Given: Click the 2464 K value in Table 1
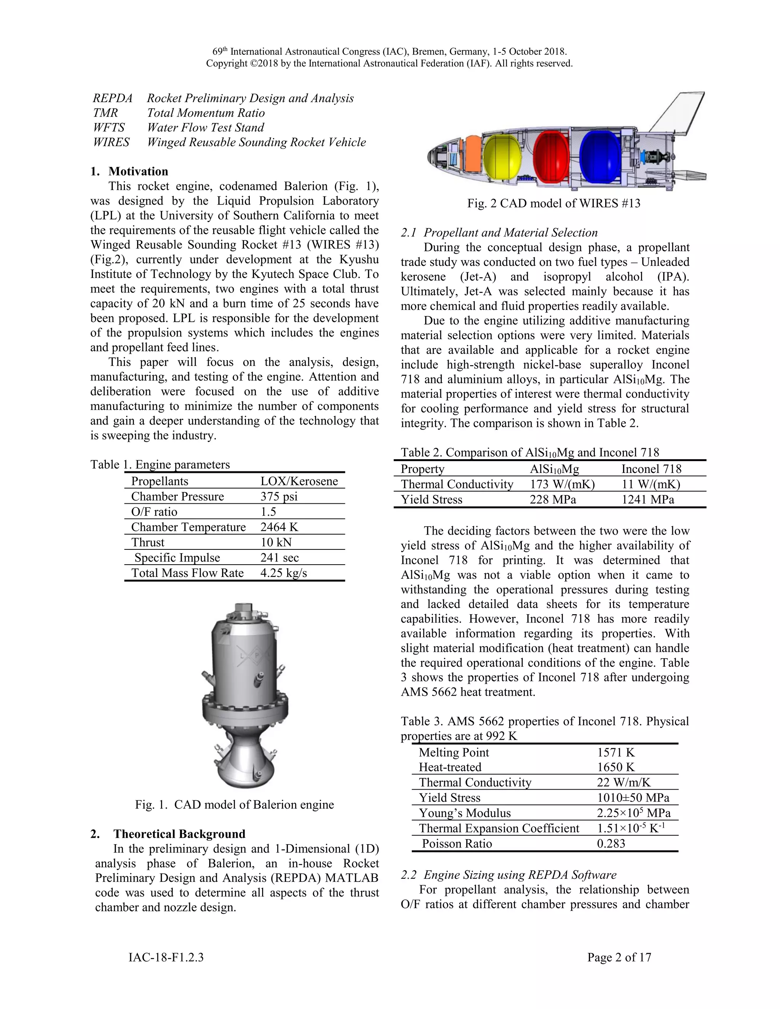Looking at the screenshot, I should point(279,527).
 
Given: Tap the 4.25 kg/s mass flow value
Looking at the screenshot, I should point(283,573).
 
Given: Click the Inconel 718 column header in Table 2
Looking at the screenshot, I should point(651,469).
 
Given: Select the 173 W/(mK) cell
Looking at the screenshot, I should point(562,484).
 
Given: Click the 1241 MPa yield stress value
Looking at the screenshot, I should point(647,500).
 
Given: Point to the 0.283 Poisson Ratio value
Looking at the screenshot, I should point(611,844).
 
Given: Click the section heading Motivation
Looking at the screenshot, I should point(138,171).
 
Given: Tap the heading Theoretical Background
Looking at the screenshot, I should point(179,834).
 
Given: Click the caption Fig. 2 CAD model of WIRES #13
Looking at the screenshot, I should point(553,203).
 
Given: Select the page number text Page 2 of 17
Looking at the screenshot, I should point(619,957).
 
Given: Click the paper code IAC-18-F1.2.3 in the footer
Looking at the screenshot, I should point(166,957).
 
